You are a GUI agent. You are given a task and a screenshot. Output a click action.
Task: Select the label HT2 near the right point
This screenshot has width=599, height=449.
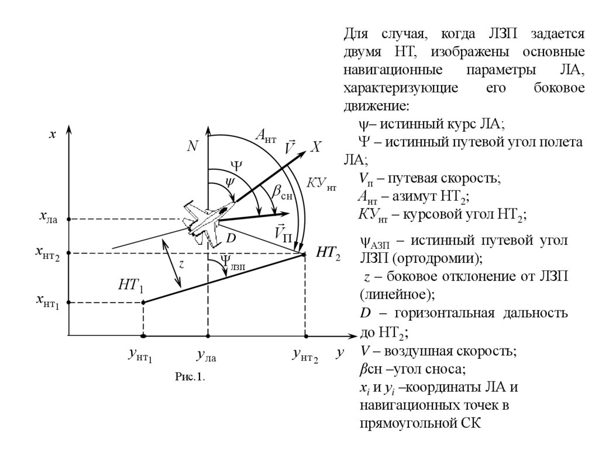pyautogui.click(x=328, y=253)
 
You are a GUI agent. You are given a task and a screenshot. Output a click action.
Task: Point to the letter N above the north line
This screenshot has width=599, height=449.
pyautogui.click(x=192, y=147)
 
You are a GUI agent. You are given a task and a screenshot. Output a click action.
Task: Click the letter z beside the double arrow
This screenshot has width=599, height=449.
pyautogui.click(x=182, y=264)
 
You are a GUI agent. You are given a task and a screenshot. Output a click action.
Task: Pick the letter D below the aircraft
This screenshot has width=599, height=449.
pyautogui.click(x=230, y=239)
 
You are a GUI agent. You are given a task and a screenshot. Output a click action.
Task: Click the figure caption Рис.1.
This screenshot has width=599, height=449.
pyautogui.click(x=190, y=376)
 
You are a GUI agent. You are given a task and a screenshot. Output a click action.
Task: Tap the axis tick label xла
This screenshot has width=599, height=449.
pyautogui.click(x=49, y=220)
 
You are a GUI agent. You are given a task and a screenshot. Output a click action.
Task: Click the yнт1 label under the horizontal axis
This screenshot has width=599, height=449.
pyautogui.click(x=140, y=355)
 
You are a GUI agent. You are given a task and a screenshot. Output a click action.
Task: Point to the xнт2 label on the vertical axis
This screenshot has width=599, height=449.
pyautogui.click(x=48, y=253)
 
